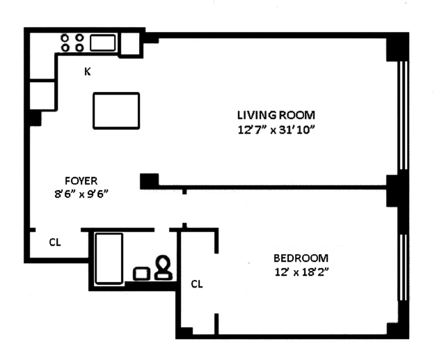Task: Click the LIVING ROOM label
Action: (x=276, y=115)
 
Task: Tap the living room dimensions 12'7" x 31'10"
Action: (x=276, y=130)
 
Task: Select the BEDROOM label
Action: (x=301, y=258)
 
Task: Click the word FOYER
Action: (x=81, y=181)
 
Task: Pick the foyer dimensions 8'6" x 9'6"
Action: (x=81, y=194)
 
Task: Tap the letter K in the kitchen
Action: (x=88, y=72)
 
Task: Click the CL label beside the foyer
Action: (x=55, y=242)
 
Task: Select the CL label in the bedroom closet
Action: (x=197, y=284)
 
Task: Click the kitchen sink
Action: (x=102, y=43)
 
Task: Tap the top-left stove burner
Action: (x=65, y=38)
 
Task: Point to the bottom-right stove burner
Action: (x=80, y=47)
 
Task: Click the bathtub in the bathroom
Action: (x=109, y=258)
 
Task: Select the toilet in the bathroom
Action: (x=163, y=267)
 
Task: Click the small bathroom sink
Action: (x=141, y=274)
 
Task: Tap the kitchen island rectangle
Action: (x=116, y=111)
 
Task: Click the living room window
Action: (x=403, y=115)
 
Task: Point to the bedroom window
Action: (x=403, y=267)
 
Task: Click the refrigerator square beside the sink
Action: (x=130, y=45)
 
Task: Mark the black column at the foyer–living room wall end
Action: (x=149, y=181)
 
